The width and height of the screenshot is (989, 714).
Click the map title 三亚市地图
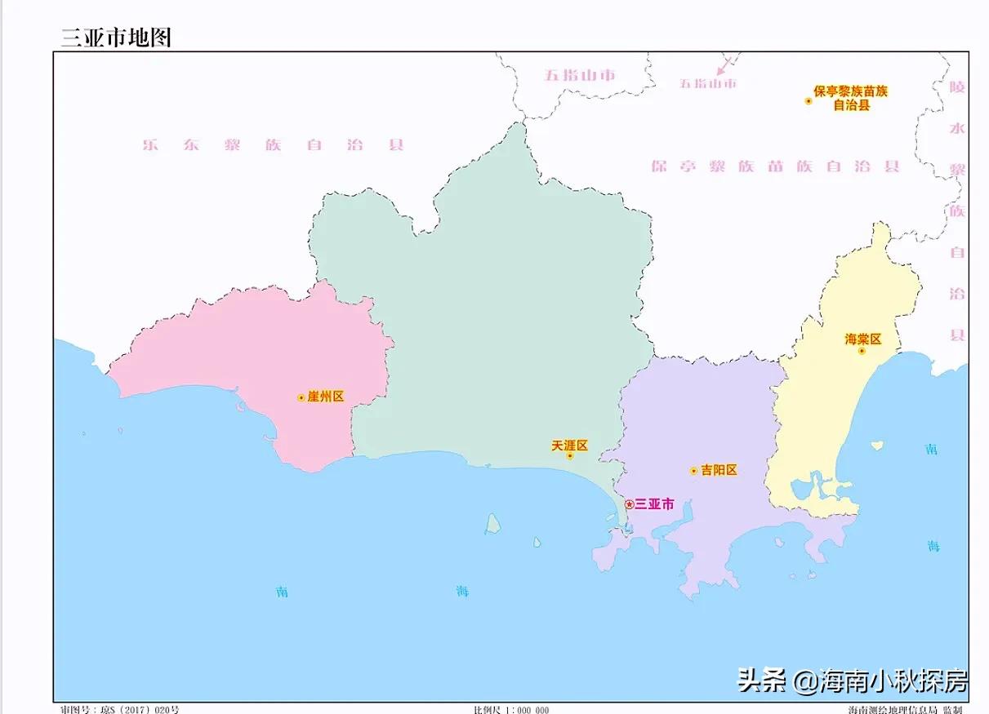pos(116,38)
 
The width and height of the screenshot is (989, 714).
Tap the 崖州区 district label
pos(326,397)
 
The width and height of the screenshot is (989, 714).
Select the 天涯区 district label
pos(570,446)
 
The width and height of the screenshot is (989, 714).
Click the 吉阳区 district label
pos(719,470)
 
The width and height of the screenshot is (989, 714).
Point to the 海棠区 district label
pos(863,339)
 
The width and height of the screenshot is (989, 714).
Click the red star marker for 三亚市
pos(629,504)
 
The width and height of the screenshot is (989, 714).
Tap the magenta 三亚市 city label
pos(655,504)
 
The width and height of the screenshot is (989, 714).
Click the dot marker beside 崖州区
pos(301,397)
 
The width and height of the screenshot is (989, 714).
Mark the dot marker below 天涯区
pos(570,455)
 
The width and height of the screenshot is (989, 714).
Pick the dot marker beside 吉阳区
pos(693,471)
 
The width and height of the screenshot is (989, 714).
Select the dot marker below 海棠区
pos(862,351)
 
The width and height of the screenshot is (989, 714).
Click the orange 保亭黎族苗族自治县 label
pos(850,98)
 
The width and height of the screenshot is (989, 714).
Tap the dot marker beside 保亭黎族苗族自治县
pos(809,101)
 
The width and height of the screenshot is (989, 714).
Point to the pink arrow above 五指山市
pos(724,65)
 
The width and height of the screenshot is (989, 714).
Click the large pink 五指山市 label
pos(580,75)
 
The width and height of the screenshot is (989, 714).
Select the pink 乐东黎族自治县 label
pos(273,145)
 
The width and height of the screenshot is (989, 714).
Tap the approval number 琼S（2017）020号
pos(120,709)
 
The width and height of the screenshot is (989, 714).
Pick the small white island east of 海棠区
pos(877,446)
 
